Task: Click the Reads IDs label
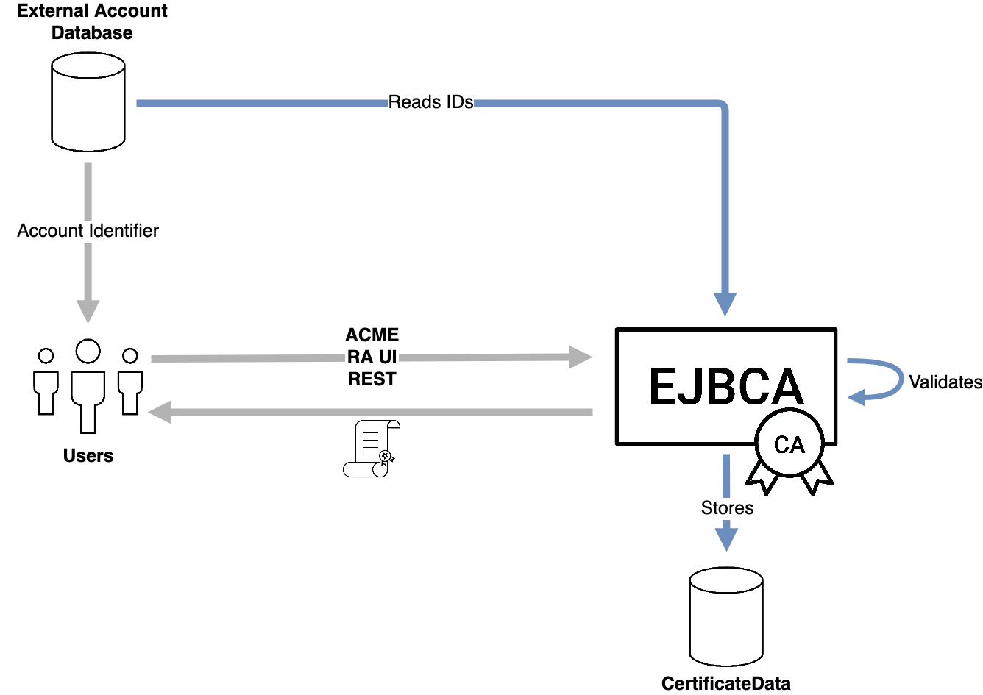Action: coord(430,102)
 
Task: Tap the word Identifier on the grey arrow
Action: coord(124,231)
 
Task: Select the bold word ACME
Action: coord(372,335)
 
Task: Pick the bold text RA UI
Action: coord(372,358)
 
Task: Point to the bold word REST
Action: coord(372,379)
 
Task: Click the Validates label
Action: coord(945,382)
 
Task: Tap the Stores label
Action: coord(727,508)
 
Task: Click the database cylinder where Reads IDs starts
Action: coord(88,103)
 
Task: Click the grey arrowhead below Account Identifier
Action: coord(88,311)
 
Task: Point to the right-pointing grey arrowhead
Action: coord(581,358)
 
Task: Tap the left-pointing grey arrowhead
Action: coord(160,413)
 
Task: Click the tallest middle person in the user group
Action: coord(88,386)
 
